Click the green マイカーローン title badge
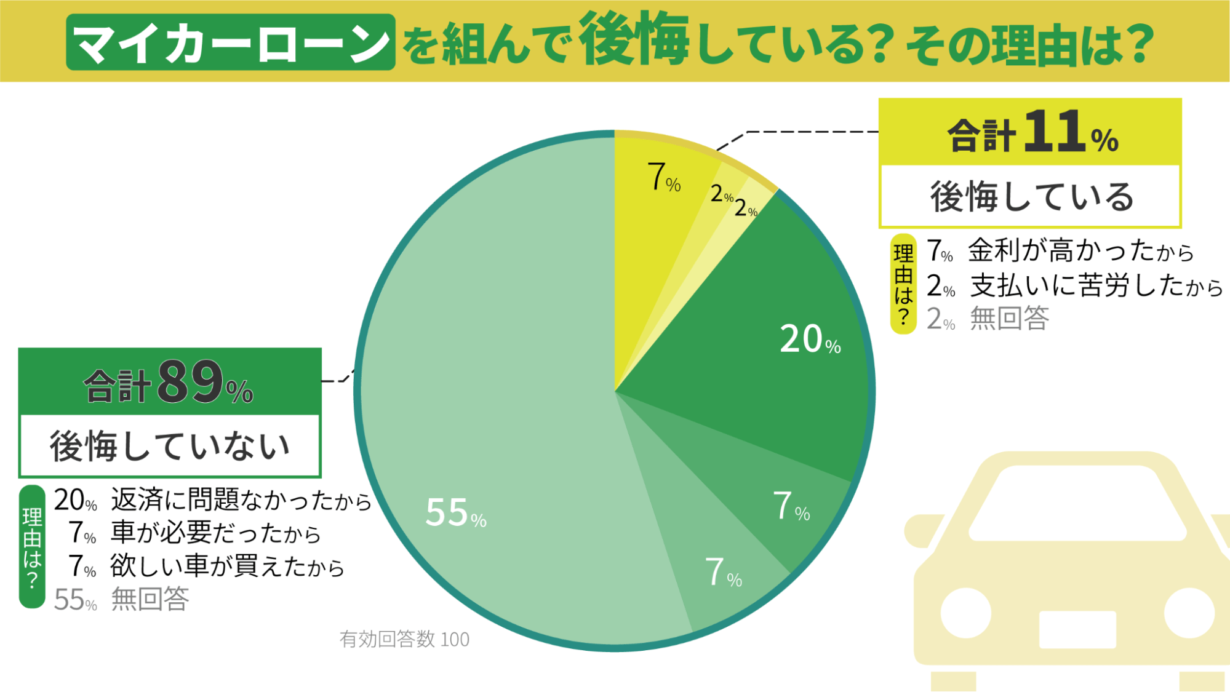(x=230, y=42)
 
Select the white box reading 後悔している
(x=1031, y=197)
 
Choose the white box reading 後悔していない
(x=170, y=446)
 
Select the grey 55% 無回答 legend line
(x=122, y=600)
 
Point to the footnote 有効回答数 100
(x=404, y=640)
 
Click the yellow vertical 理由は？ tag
(x=903, y=284)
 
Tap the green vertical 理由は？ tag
(x=32, y=546)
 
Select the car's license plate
(x=1077, y=629)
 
